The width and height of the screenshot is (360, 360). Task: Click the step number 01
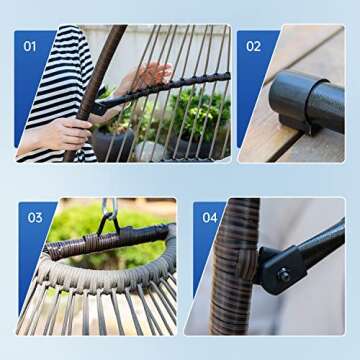click(x=30, y=46)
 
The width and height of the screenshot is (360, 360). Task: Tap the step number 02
click(x=253, y=46)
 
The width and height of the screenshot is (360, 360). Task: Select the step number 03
click(x=36, y=217)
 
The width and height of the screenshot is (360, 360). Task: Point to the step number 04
click(x=209, y=217)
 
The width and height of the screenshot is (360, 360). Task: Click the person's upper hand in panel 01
click(x=146, y=76)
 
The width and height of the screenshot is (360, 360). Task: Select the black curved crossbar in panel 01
click(x=170, y=89)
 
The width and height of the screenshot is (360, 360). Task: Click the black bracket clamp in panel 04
click(x=274, y=268)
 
